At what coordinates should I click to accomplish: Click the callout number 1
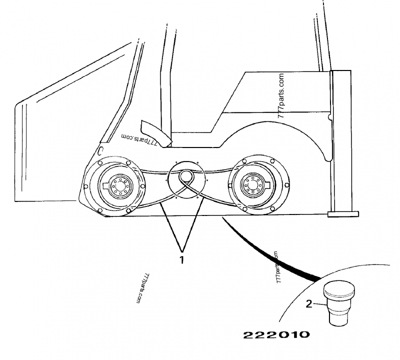click(x=182, y=260)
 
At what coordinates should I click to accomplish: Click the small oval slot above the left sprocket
click(x=100, y=150)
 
